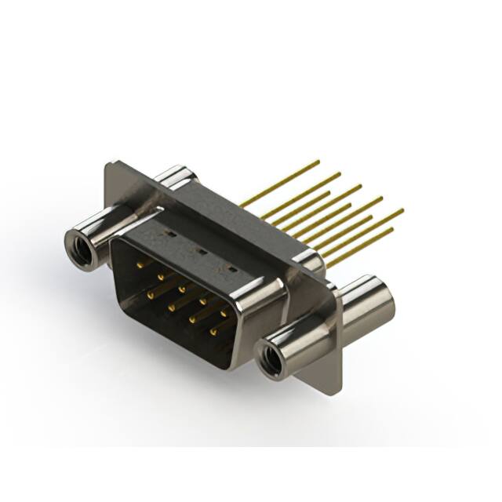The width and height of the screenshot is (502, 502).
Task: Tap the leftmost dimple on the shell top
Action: tap(167, 233)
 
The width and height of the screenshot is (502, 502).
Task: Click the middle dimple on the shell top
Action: tap(199, 252)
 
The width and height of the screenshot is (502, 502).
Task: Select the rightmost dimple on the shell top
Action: tap(231, 271)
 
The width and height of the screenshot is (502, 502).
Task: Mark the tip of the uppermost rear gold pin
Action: tap(318, 162)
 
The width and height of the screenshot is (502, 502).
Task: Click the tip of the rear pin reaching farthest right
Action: tap(402, 210)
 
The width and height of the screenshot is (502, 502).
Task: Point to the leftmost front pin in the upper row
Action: tap(140, 266)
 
